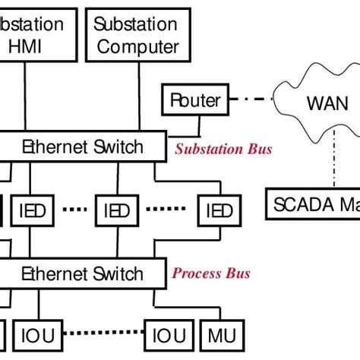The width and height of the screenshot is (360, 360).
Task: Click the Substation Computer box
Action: (x=137, y=35)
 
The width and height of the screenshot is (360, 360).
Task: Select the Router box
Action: (x=195, y=100)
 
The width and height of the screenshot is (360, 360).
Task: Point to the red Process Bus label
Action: (x=212, y=273)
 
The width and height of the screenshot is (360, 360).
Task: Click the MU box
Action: (x=220, y=335)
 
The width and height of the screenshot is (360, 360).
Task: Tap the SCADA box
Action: (x=311, y=203)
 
